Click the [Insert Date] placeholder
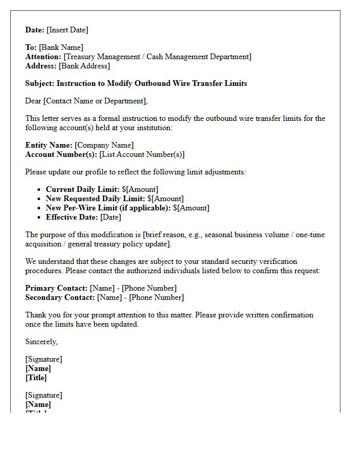67,30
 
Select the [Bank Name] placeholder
61,47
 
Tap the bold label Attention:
43,57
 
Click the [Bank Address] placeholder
84,66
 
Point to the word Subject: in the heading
40,83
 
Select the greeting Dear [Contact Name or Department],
86,101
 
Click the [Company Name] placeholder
104,145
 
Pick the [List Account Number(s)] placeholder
141,154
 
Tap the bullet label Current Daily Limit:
82,189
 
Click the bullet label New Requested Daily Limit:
95,199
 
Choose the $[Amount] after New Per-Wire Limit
191,208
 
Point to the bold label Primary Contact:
56,288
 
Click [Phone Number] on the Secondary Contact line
156,297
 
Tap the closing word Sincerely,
42,342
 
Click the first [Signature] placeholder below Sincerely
44,359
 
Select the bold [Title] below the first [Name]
36,378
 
